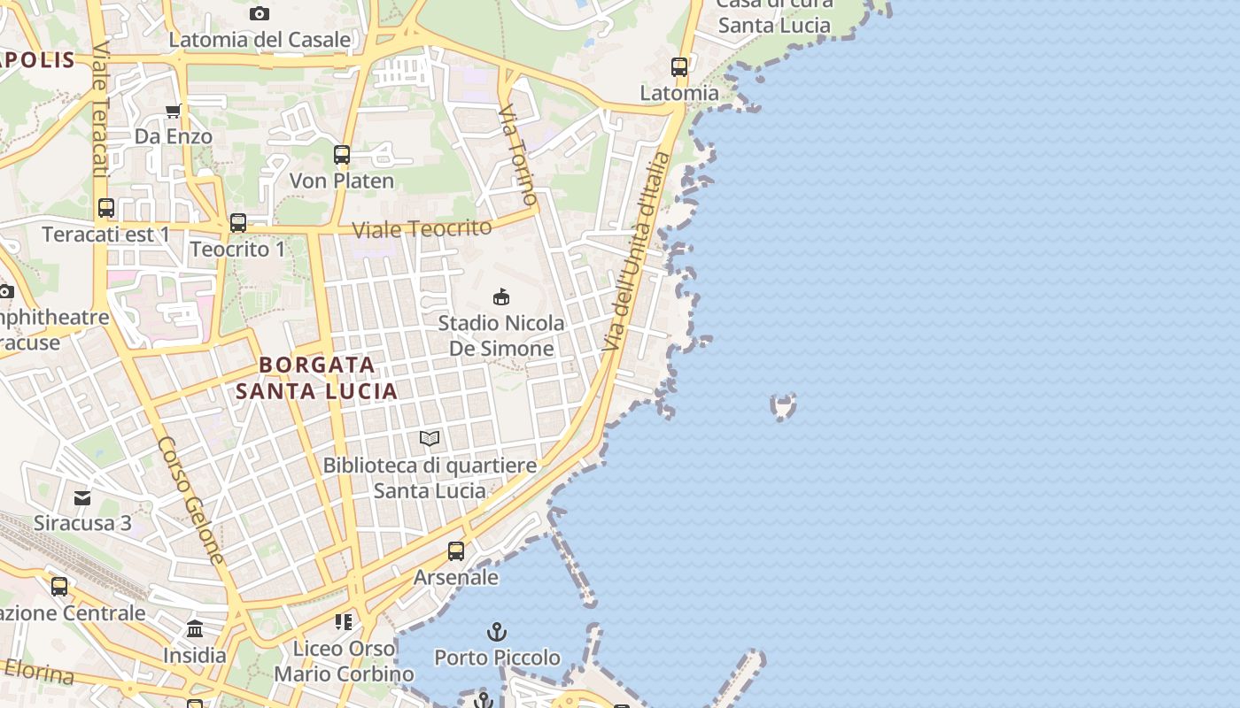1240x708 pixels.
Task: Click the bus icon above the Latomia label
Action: tap(679, 66)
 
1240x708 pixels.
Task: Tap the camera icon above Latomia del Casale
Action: tap(259, 13)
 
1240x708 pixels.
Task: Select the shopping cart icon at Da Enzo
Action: tap(174, 111)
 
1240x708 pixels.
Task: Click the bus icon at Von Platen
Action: tap(342, 155)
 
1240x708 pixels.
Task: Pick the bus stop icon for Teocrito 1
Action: tap(238, 223)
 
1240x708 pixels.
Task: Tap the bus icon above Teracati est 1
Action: tap(106, 208)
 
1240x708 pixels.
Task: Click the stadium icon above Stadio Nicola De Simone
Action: tap(501, 296)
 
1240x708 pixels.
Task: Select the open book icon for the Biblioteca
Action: tap(430, 438)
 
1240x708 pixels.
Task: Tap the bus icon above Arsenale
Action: tap(456, 551)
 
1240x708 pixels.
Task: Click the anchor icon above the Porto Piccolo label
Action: tap(497, 632)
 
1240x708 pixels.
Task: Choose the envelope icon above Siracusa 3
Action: tap(82, 497)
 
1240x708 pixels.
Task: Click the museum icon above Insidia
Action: tap(195, 629)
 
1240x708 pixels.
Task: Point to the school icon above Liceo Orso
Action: tap(344, 622)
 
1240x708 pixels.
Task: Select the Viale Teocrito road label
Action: tap(422, 228)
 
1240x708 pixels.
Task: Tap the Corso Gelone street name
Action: tap(192, 500)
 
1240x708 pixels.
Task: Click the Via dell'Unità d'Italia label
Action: tap(637, 252)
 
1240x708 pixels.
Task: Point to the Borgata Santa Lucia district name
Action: tap(317, 377)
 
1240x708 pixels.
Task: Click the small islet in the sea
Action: tap(783, 406)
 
